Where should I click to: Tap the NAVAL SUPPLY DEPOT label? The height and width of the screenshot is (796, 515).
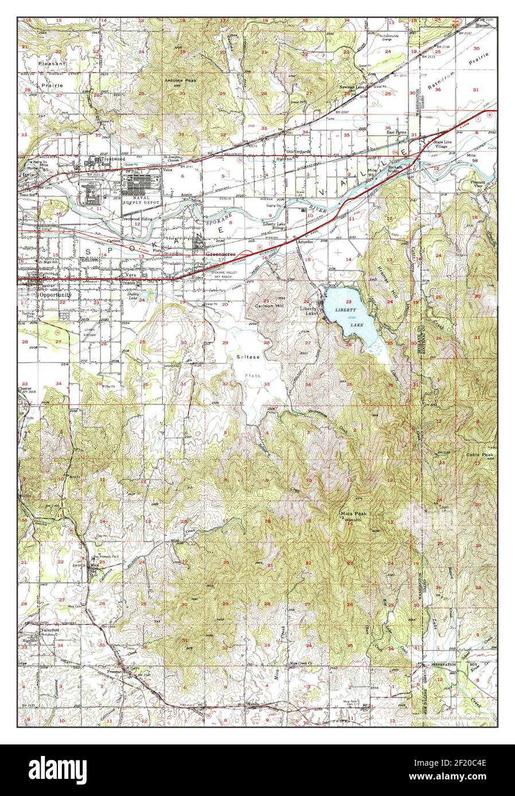click(141, 202)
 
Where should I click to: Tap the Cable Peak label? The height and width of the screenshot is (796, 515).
click(479, 455)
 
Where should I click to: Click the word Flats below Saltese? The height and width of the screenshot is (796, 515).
click(253, 376)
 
